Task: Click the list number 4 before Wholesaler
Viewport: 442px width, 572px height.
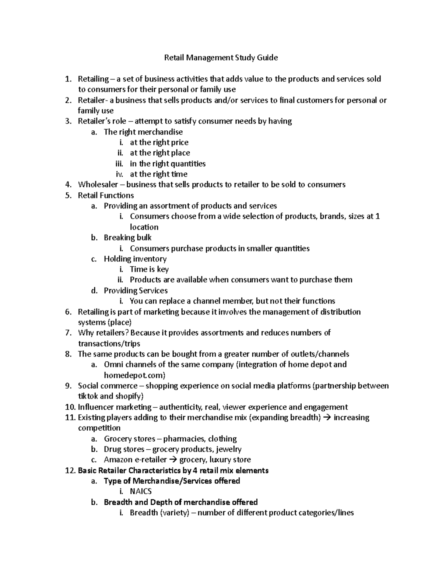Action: (67, 185)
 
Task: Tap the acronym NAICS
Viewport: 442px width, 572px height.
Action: (141, 491)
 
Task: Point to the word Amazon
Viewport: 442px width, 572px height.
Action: (118, 460)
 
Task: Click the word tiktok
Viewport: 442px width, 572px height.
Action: (88, 396)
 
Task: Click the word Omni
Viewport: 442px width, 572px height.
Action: (113, 365)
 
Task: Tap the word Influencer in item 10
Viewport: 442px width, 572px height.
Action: (96, 407)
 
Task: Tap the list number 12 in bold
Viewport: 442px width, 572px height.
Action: (69, 470)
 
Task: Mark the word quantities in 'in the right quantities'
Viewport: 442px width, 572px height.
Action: (187, 164)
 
